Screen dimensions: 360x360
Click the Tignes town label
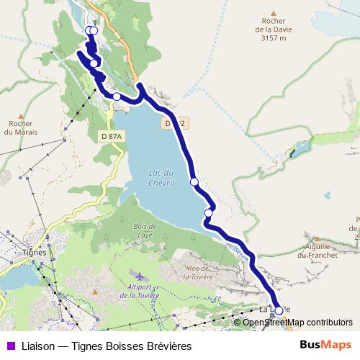tap(34, 253)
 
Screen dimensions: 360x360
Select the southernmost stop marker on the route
tap(279, 310)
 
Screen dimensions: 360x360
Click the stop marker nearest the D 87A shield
tap(117, 96)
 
